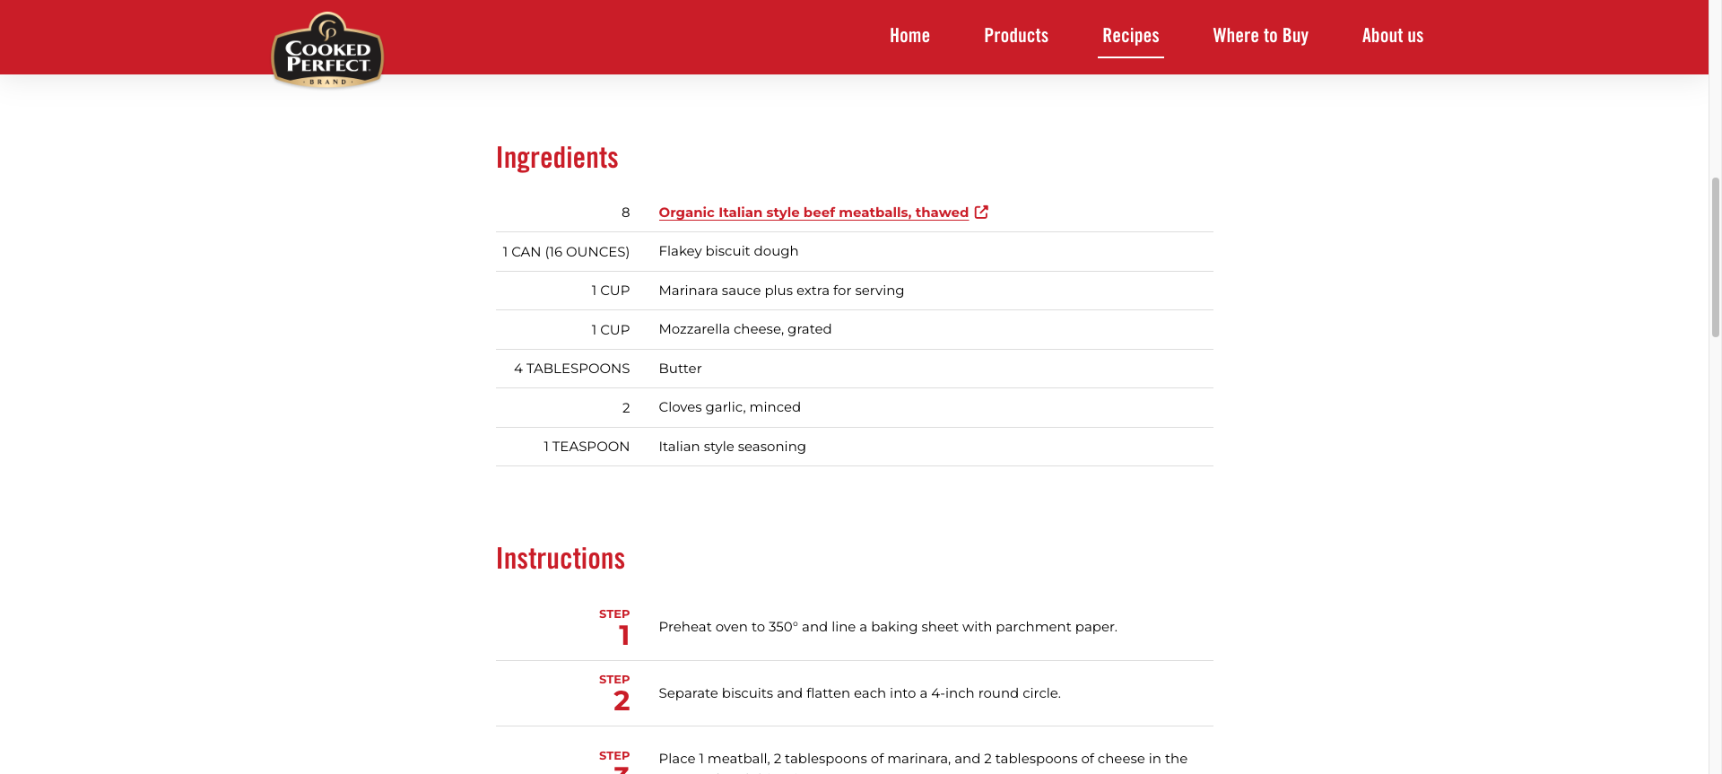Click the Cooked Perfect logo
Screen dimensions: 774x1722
pyautogui.click(x=327, y=51)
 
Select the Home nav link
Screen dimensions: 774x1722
pyautogui.click(x=909, y=36)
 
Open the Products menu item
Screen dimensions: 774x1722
pyautogui.click(x=1016, y=36)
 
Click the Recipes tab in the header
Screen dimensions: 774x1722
pyautogui.click(x=1130, y=36)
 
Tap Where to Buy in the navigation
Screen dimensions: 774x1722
pyautogui.click(x=1260, y=36)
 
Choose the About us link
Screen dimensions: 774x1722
pyautogui.click(x=1392, y=36)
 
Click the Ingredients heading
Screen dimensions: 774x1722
pyautogui.click(x=557, y=158)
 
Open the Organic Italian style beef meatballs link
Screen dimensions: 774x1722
pyautogui.click(x=813, y=213)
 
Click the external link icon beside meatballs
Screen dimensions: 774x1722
pyautogui.click(x=981, y=213)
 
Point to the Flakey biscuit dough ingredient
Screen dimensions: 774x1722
pyautogui.click(x=728, y=251)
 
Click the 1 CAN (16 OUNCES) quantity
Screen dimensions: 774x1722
pyautogui.click(x=566, y=252)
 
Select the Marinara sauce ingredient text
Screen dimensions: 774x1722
pyautogui.click(x=781, y=291)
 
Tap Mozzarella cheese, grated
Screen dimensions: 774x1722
pyautogui.click(x=744, y=329)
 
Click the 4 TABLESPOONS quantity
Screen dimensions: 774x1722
pyautogui.click(x=571, y=369)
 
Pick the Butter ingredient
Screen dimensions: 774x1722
pyautogui.click(x=680, y=369)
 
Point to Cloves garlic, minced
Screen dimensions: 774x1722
pyautogui.click(x=729, y=407)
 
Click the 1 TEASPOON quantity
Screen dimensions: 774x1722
pyautogui.click(x=587, y=447)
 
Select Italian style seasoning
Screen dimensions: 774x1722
pyautogui.click(x=732, y=447)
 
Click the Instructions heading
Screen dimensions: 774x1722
pyautogui.click(x=561, y=559)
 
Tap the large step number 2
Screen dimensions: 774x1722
pyautogui.click(x=622, y=700)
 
